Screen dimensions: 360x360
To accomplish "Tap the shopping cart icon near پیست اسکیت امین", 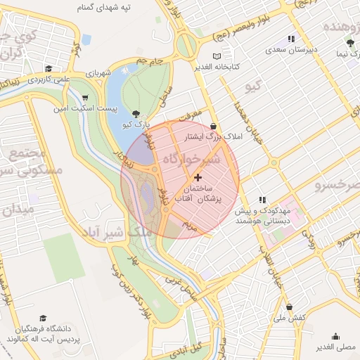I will click(85, 98).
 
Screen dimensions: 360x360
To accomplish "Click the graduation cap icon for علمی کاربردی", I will click(49, 69).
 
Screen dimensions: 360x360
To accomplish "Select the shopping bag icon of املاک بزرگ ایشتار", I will click(213, 126).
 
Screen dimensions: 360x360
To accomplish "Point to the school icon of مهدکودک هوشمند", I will click(262, 200).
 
